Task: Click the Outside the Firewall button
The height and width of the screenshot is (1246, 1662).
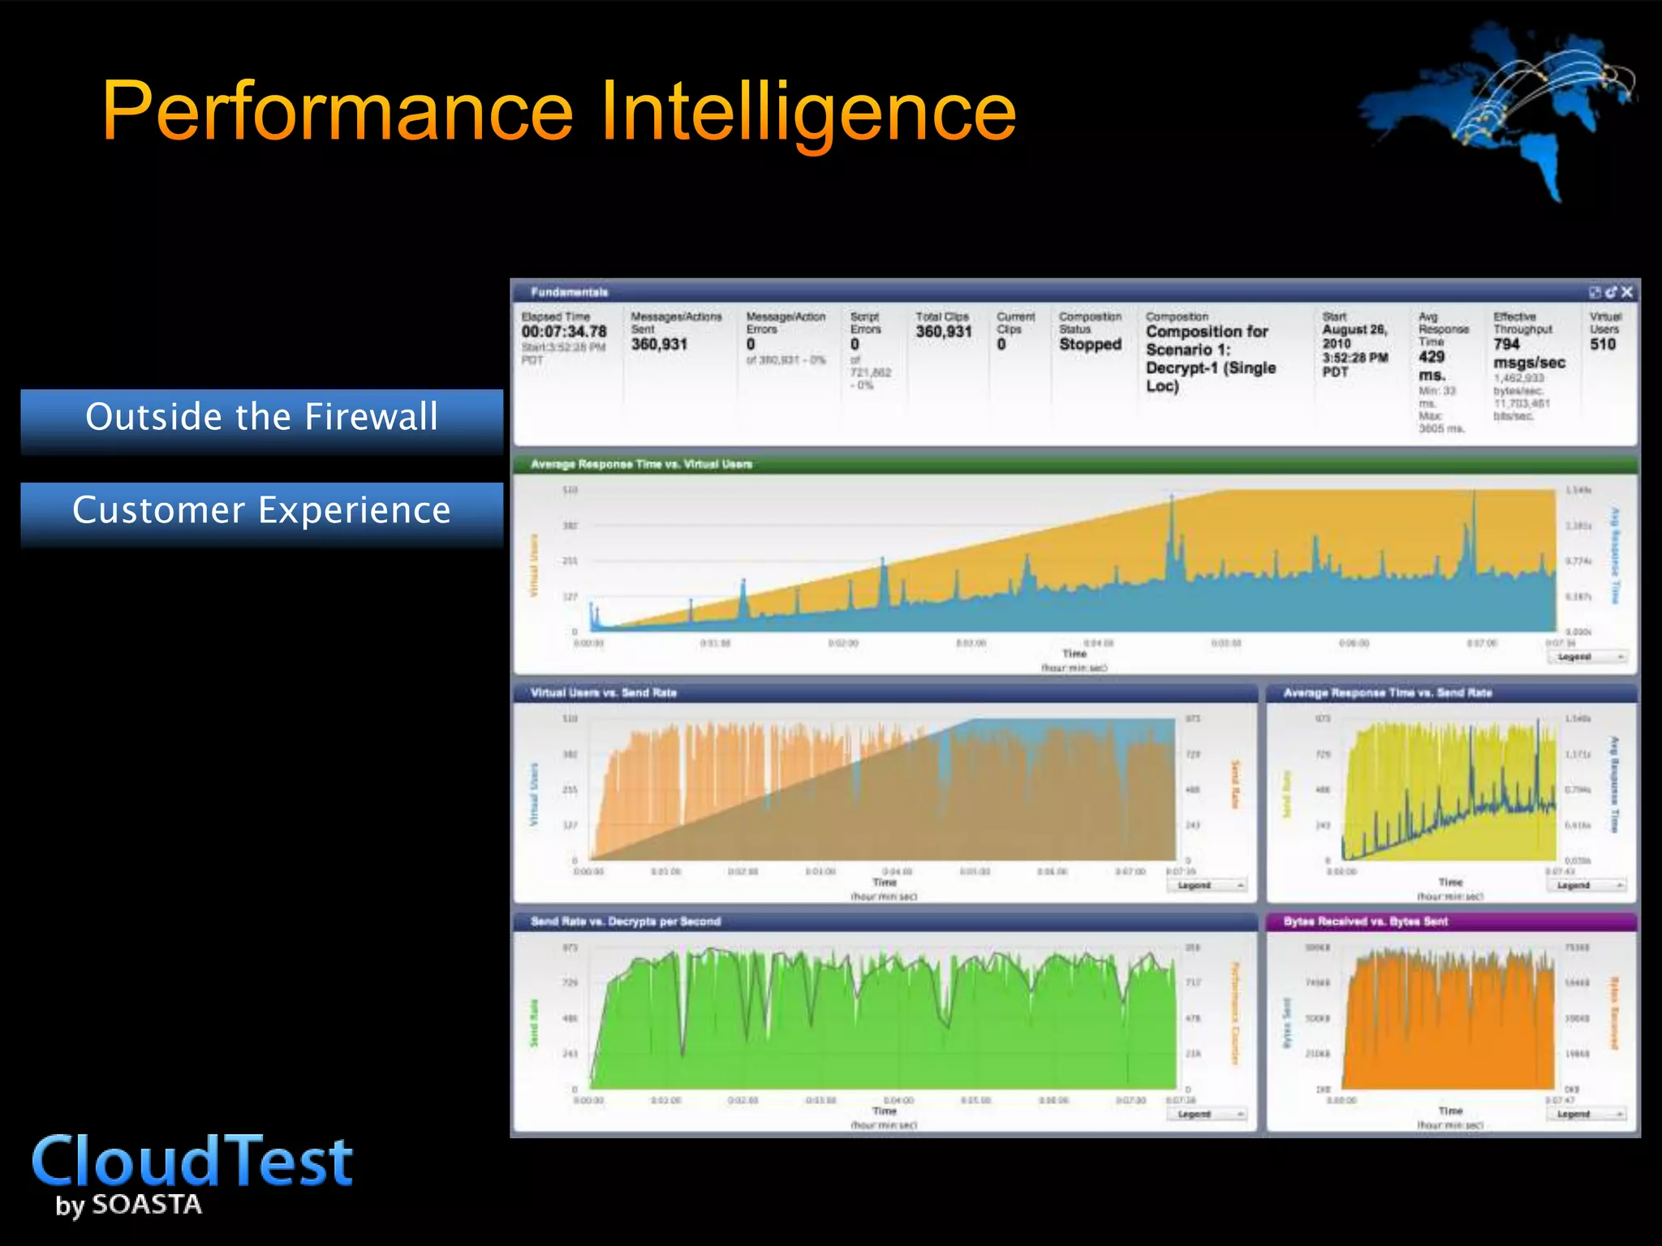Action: tap(261, 417)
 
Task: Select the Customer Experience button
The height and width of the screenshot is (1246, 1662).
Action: tap(261, 510)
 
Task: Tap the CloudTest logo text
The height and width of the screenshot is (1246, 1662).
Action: tap(192, 1162)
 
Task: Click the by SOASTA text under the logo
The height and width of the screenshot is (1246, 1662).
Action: tap(128, 1205)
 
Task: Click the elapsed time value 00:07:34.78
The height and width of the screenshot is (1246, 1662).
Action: tap(564, 332)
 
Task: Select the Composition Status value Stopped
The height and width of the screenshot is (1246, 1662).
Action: tap(1090, 344)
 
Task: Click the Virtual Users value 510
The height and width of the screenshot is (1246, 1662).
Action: tap(1602, 344)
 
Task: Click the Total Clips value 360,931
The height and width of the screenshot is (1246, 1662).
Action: tap(943, 332)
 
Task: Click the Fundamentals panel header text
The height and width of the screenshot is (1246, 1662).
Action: tap(569, 292)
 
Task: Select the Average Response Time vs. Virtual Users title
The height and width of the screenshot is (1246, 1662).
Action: tap(641, 464)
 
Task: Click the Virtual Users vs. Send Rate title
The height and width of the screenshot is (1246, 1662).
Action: tap(603, 693)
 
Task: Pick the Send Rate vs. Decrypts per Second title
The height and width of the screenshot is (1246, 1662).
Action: tap(625, 922)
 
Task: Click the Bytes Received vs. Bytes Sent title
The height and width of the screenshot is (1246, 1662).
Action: tap(1365, 922)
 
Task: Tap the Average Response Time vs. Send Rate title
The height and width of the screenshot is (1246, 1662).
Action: tap(1387, 693)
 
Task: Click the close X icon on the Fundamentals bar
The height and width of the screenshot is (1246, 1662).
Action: tap(1626, 292)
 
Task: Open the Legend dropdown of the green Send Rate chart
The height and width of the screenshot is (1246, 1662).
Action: tap(1206, 1114)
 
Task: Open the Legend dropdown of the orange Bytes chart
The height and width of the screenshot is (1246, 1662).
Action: tap(1586, 1114)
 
